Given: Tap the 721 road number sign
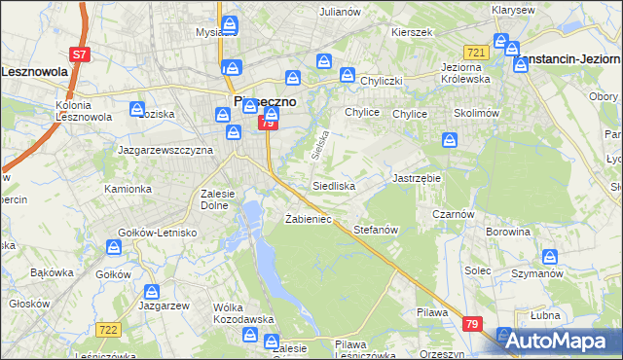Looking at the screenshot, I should click(x=476, y=52).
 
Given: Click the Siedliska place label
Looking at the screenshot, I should click(x=334, y=185).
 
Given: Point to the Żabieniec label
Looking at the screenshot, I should click(x=309, y=219).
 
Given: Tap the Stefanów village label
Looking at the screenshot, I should click(x=377, y=230).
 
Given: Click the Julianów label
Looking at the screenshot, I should click(x=340, y=12).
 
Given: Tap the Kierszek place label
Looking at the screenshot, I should click(x=411, y=32).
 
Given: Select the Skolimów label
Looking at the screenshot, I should click(x=476, y=113).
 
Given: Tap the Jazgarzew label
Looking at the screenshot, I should click(x=164, y=306).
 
